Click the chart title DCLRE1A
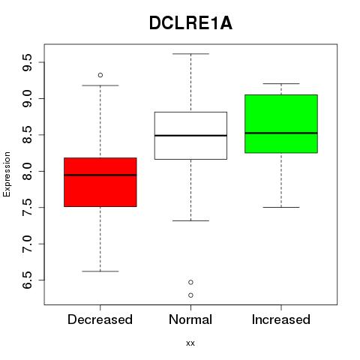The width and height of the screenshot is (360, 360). [x=190, y=23]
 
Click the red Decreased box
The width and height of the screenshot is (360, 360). [x=100, y=182]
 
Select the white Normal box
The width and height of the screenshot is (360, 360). [x=190, y=136]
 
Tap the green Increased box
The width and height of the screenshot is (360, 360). [x=281, y=124]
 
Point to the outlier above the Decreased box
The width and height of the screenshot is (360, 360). [x=100, y=75]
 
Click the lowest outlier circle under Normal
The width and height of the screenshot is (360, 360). [x=190, y=295]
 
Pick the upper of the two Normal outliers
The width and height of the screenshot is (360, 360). [x=190, y=282]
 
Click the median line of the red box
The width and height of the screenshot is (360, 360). [x=100, y=175]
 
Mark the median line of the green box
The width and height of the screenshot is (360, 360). [x=281, y=133]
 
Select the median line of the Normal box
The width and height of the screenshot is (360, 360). [x=190, y=136]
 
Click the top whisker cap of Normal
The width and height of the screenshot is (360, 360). [x=190, y=54]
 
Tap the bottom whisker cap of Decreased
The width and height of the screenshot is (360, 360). [x=100, y=271]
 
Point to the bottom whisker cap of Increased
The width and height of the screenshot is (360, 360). [x=281, y=207]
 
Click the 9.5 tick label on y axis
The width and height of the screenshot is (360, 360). [x=27, y=62]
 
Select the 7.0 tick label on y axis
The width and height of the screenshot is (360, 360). [x=27, y=244]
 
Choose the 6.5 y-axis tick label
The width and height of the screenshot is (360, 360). [x=27, y=280]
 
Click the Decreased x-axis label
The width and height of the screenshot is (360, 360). [x=100, y=319]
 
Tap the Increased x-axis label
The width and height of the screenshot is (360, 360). [x=281, y=319]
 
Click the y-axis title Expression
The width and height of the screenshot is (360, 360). [x=7, y=174]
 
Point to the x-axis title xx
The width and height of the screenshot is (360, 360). [x=190, y=343]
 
